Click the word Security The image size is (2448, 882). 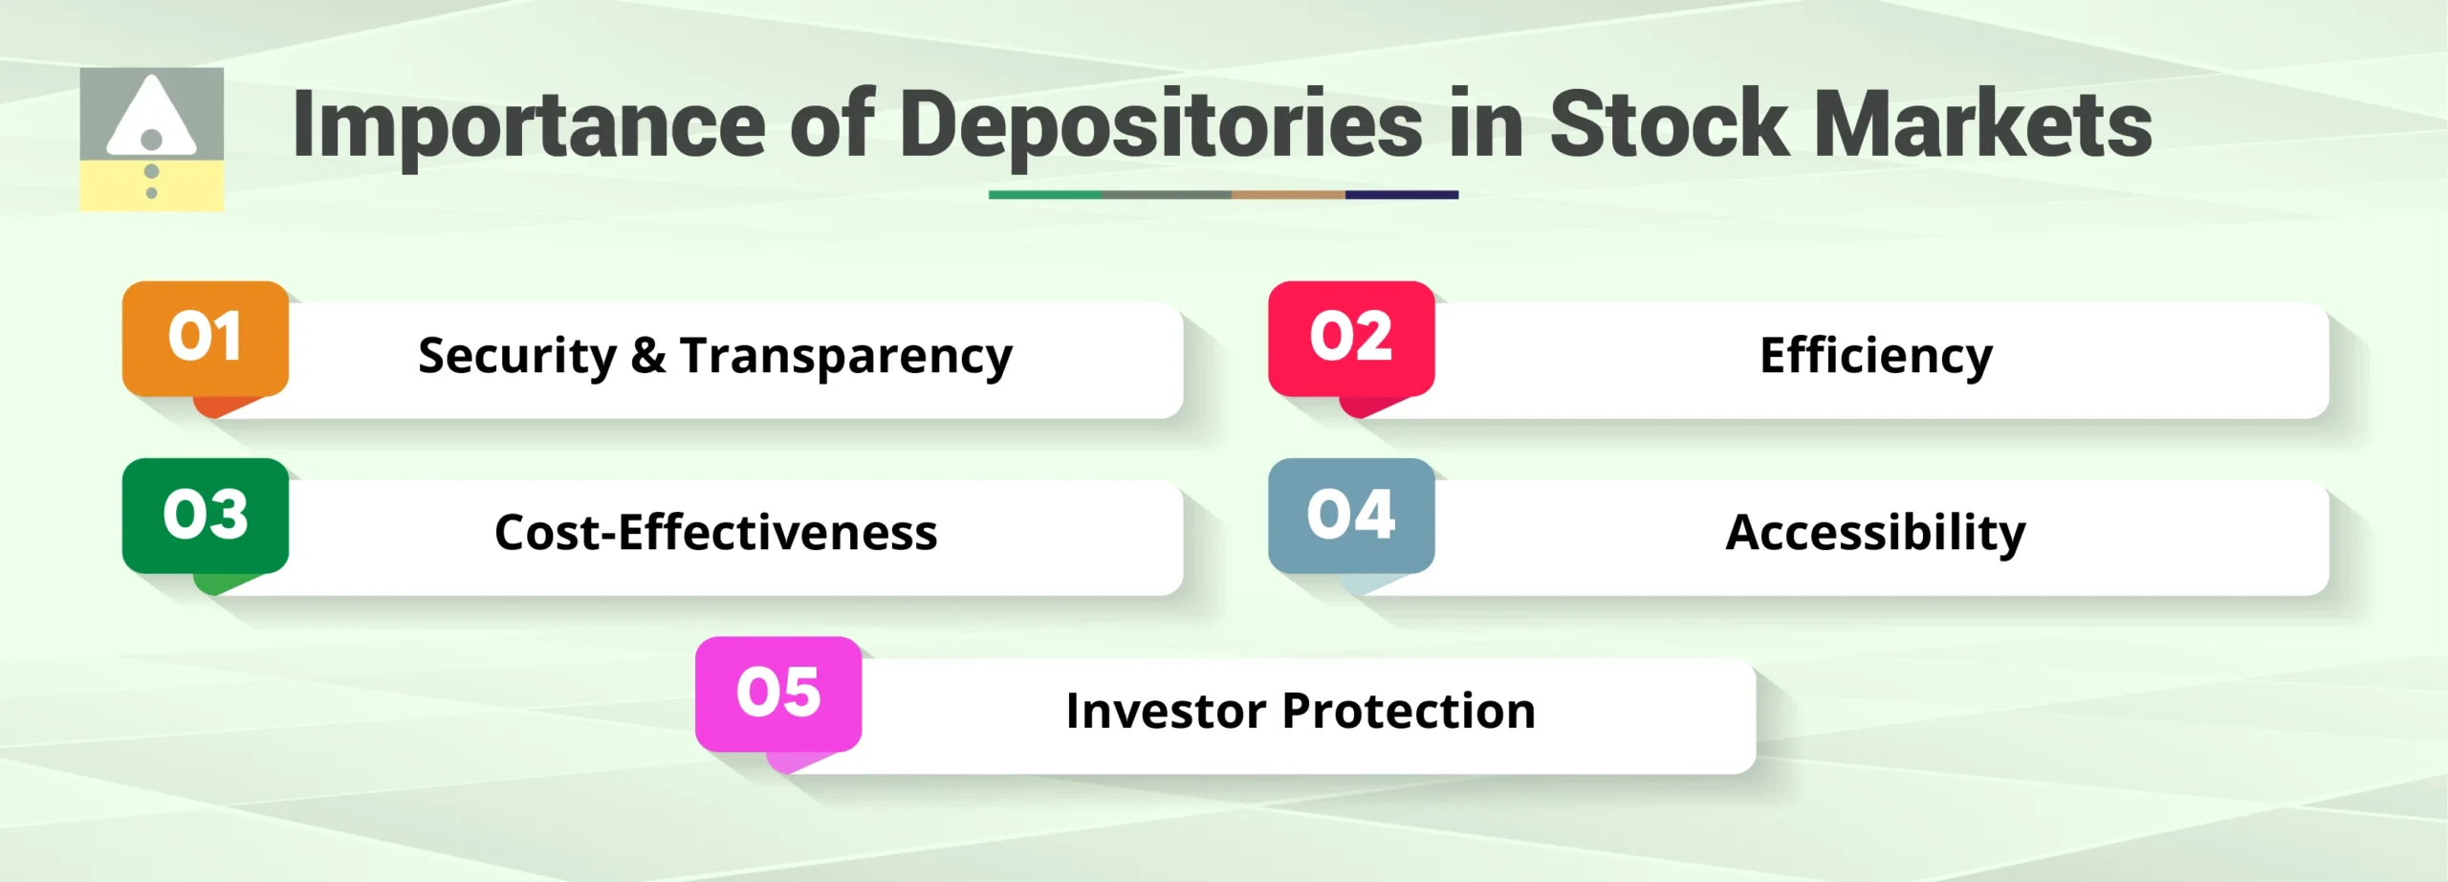point(517,357)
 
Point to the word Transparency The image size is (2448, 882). point(846,357)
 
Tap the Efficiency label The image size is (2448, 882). point(1876,357)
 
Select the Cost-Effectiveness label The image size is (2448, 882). point(715,533)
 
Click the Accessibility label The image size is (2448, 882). point(1875,533)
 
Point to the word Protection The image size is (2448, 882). point(1409,711)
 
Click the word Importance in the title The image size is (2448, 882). point(529,125)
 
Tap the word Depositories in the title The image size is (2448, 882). point(1161,125)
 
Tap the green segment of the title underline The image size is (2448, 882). point(1044,195)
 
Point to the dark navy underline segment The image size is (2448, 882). point(1402,195)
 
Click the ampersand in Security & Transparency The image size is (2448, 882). point(648,356)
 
